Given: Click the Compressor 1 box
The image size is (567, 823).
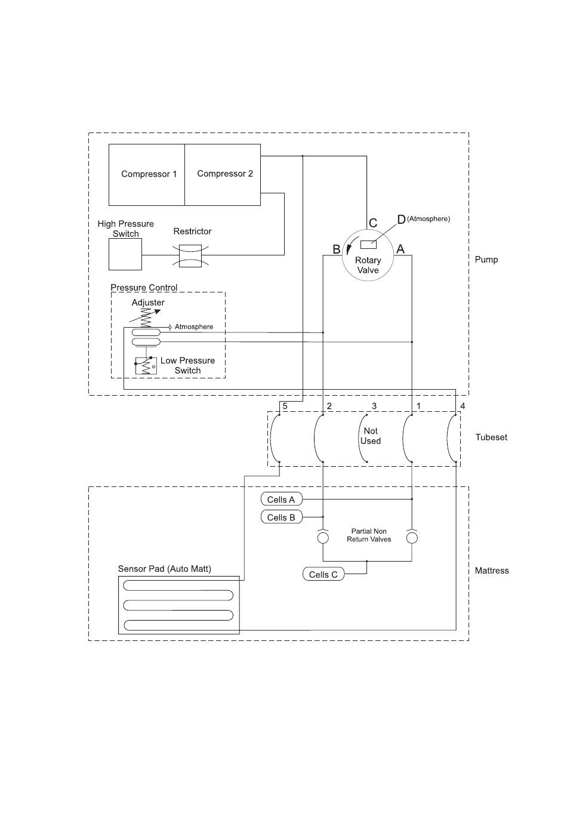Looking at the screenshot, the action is tap(147, 174).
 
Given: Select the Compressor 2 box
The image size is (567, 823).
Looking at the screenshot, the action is tap(223, 174).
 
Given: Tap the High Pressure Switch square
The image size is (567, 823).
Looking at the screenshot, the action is tap(125, 254).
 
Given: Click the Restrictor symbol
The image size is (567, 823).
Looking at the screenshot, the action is tap(190, 255).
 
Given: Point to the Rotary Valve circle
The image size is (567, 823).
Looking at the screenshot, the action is tap(368, 255).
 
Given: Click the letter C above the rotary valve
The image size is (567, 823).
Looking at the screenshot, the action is tap(372, 223).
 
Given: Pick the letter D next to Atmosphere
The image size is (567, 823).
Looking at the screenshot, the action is tap(401, 220).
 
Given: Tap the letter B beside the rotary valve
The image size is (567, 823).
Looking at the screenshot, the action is tap(336, 249).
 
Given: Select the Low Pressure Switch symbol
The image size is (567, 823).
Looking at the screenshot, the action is tap(146, 366).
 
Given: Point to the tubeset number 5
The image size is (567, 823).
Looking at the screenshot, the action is tap(285, 406).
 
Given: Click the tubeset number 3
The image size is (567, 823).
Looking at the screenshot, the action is tap(374, 406).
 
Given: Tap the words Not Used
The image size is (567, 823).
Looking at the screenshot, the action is tap(371, 436).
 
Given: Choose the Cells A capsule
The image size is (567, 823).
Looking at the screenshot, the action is tap(282, 499).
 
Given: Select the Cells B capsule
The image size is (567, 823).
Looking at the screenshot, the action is tap(282, 517).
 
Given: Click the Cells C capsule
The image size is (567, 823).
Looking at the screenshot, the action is tap(323, 574).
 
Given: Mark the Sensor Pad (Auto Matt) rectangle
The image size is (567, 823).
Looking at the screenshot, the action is tap(178, 605).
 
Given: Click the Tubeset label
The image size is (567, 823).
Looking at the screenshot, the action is tap(491, 437).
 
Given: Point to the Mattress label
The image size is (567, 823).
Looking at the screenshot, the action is tap(492, 571).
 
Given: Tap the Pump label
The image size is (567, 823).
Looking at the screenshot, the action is tap(486, 260).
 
